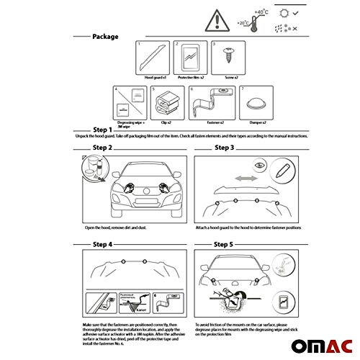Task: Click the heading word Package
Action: [x=105, y=35]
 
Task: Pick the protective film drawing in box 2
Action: [x=190, y=58]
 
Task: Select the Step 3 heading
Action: [x=224, y=148]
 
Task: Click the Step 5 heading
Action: [x=224, y=245]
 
